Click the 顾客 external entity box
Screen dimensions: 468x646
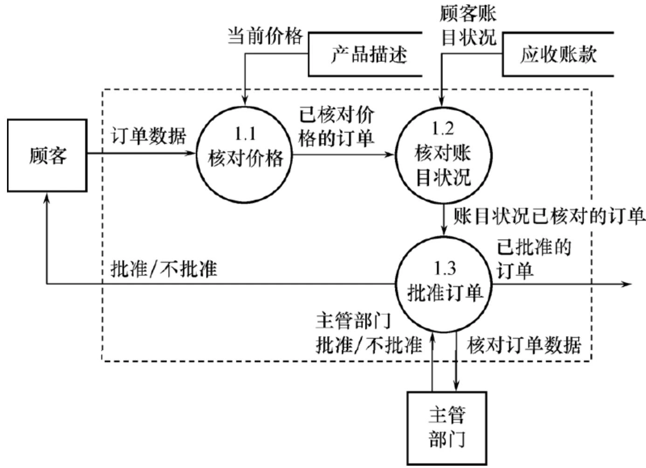click(47, 155)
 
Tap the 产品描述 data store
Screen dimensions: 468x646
click(368, 55)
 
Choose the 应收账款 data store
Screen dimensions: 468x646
click(558, 55)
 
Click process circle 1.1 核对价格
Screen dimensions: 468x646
click(245, 154)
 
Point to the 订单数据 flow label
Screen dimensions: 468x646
click(148, 136)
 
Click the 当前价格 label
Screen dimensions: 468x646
click(265, 36)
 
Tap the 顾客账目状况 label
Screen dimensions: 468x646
click(468, 26)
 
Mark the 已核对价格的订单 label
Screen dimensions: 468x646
click(336, 126)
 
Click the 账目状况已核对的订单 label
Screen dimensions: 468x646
click(549, 217)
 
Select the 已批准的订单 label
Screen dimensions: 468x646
click(533, 258)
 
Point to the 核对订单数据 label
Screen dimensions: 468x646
click(524, 345)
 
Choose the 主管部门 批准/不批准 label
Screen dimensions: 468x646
click(368, 333)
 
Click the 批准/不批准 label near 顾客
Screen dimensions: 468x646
click(164, 269)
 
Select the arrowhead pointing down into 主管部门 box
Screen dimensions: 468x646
click(456, 386)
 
